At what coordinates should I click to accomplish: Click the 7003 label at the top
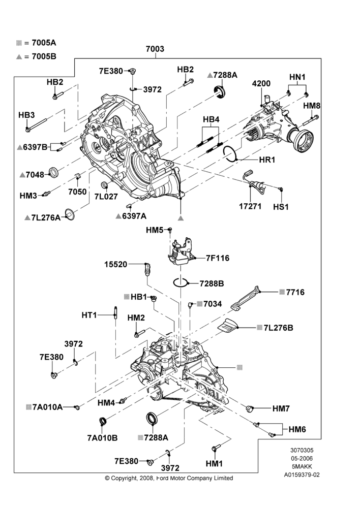[155, 49]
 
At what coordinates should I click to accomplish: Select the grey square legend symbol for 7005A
[19, 43]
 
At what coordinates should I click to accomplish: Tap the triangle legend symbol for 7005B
[19, 57]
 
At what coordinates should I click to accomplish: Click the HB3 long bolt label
[26, 115]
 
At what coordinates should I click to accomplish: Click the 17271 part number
[250, 206]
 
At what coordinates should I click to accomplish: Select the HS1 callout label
[281, 207]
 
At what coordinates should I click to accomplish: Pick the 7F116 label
[218, 258]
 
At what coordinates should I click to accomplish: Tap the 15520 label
[116, 264]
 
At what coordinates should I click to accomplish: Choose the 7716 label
[295, 292]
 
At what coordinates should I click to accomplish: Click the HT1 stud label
[89, 314]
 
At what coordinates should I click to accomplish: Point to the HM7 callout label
[281, 408]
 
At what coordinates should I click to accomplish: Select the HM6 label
[297, 429]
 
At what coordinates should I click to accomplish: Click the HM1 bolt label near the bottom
[214, 464]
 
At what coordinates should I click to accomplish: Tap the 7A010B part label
[103, 438]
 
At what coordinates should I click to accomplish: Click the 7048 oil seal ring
[53, 172]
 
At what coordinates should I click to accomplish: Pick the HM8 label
[312, 106]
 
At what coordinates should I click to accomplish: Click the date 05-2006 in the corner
[302, 458]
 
